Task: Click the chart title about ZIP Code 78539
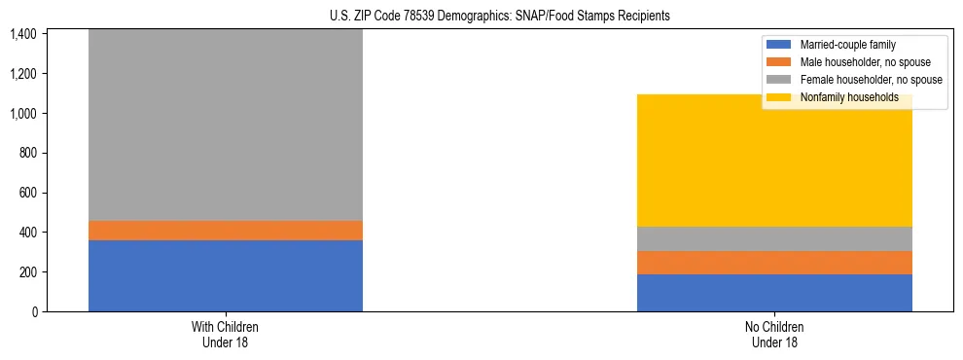[482, 17]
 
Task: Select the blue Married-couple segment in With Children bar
[226, 275]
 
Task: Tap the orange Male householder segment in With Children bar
[226, 230]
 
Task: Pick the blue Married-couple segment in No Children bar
[774, 293]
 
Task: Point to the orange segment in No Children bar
[774, 263]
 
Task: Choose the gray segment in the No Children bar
[774, 238]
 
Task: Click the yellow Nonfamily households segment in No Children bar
[774, 161]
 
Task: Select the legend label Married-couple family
[847, 45]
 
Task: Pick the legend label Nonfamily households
[848, 97]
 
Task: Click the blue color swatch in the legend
[780, 45]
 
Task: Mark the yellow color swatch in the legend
[780, 97]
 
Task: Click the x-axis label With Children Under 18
[226, 335]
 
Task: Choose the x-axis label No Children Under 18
[774, 335]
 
